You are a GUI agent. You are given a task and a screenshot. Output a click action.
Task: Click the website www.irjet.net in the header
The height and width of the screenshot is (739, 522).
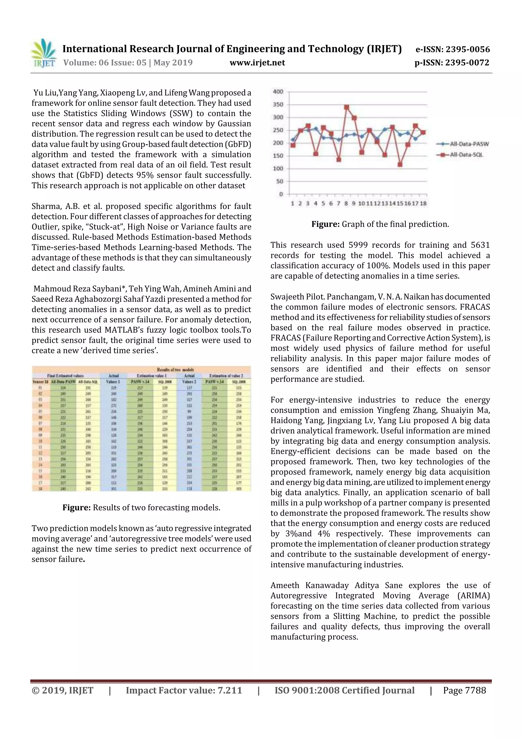click(257, 62)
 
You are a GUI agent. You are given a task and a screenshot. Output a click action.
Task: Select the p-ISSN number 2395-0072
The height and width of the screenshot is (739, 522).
click(467, 62)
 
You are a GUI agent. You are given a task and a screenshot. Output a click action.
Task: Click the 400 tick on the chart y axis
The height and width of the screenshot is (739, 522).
click(278, 92)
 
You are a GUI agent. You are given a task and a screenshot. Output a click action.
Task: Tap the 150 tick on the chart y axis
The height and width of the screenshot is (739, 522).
click(278, 156)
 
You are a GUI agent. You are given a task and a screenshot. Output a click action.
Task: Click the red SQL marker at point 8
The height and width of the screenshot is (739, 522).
click(346, 107)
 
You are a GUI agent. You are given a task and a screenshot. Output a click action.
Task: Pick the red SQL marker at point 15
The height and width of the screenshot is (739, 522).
click(400, 165)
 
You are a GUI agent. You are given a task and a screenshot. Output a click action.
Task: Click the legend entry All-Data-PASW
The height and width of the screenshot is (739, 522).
click(469, 144)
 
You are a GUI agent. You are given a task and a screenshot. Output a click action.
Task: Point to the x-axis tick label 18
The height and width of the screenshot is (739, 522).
click(423, 203)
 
